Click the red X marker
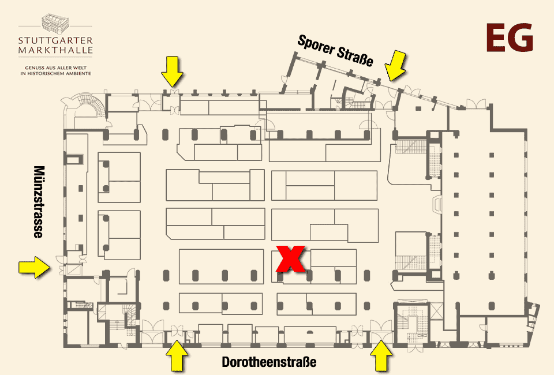tap(290, 259)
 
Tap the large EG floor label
tap(510, 37)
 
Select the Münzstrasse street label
tap(39, 201)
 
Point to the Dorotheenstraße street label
tap(269, 362)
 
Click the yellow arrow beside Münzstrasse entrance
tap(34, 267)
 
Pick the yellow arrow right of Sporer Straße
tap(395, 65)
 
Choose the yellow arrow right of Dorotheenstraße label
tap(381, 356)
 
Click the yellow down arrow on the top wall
tap(172, 72)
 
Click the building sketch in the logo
tap(55, 23)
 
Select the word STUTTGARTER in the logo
tap(55, 40)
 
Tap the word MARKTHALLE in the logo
tap(55, 50)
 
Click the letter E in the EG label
tap(496, 37)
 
